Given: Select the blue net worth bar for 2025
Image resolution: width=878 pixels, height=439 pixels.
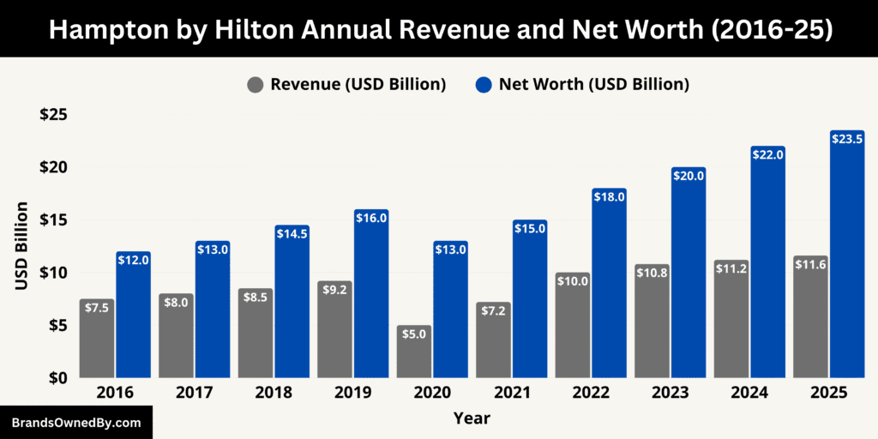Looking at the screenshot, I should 847,257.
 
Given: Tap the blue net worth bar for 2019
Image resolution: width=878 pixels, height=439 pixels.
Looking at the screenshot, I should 371,296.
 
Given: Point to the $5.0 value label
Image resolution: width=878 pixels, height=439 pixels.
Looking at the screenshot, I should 414,334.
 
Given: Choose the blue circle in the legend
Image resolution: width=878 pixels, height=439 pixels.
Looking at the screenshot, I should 484,84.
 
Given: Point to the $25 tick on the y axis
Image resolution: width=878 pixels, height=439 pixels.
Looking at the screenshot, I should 53,115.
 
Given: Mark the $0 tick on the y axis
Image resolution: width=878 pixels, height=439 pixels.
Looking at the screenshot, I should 57,378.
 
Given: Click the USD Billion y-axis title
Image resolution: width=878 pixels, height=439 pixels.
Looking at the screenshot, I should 22,246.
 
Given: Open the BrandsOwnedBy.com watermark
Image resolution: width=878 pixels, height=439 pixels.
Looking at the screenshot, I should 76,423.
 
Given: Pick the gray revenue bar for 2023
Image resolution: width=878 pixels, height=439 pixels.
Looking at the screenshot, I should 652,330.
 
